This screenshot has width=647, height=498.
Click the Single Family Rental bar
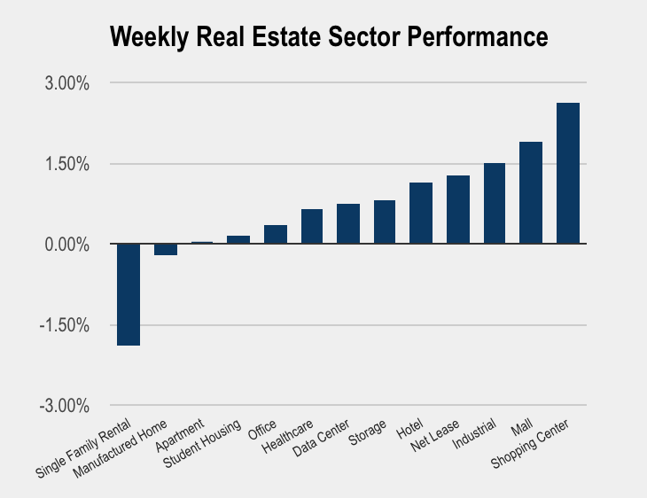click(129, 294)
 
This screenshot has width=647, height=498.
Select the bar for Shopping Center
click(567, 173)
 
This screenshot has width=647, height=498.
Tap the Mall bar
click(531, 192)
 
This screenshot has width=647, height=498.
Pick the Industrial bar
click(494, 203)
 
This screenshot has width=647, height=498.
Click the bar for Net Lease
click(457, 209)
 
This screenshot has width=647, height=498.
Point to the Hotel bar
click(421, 213)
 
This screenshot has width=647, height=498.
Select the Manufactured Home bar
click(166, 249)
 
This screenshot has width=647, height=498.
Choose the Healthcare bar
click(312, 226)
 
